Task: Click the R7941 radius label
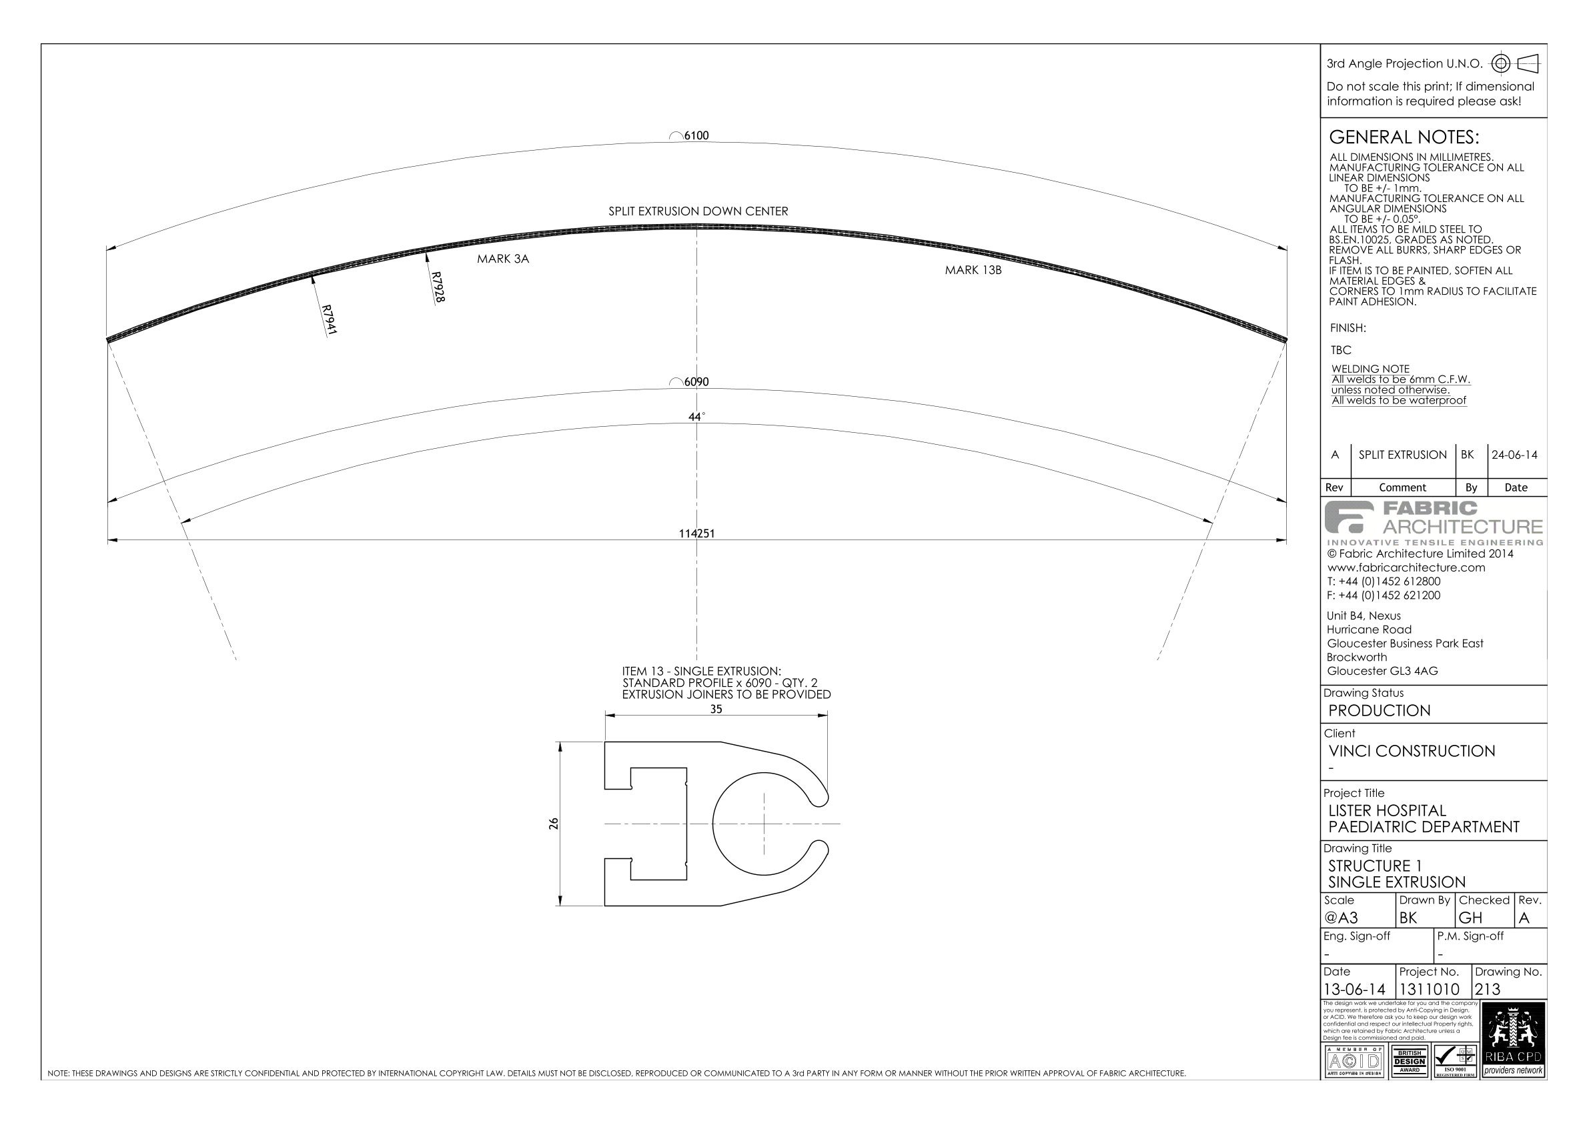329,320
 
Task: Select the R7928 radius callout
437,286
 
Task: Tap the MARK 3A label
502,259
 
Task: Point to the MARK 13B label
973,270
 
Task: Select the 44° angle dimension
696,417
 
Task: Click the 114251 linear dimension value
696,533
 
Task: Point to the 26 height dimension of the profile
553,824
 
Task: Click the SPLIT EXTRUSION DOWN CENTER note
698,211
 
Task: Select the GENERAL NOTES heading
1404,137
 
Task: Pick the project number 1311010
1429,990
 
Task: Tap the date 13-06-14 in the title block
1354,990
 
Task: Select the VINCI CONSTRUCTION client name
1411,751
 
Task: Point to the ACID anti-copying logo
1353,1061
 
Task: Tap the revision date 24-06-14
1514,455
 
